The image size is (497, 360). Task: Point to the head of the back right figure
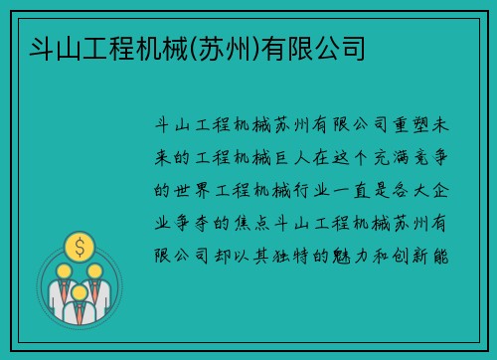click(x=95, y=270)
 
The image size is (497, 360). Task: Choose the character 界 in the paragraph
click(x=206, y=188)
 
